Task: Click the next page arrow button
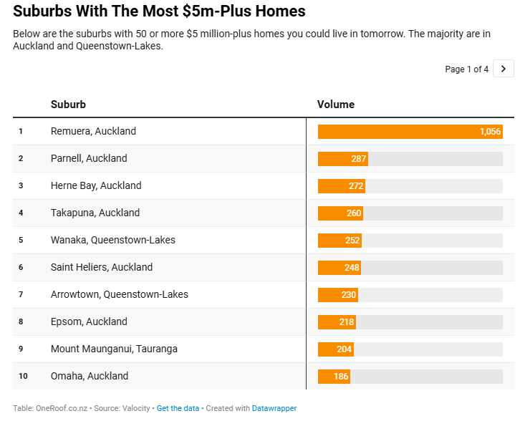tap(503, 69)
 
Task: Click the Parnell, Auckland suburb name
tap(89, 158)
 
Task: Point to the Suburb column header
tap(68, 105)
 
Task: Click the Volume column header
tap(336, 105)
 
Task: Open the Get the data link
tap(178, 408)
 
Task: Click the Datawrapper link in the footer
tap(274, 408)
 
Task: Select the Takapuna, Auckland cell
tap(95, 213)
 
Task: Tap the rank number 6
tap(21, 267)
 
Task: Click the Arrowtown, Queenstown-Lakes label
tap(120, 294)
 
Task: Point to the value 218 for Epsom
tap(347, 322)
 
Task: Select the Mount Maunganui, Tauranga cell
tap(114, 349)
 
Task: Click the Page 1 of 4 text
tap(466, 69)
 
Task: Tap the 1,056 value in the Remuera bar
tap(490, 132)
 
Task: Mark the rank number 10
tap(23, 376)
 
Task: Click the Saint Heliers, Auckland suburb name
tap(102, 267)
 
